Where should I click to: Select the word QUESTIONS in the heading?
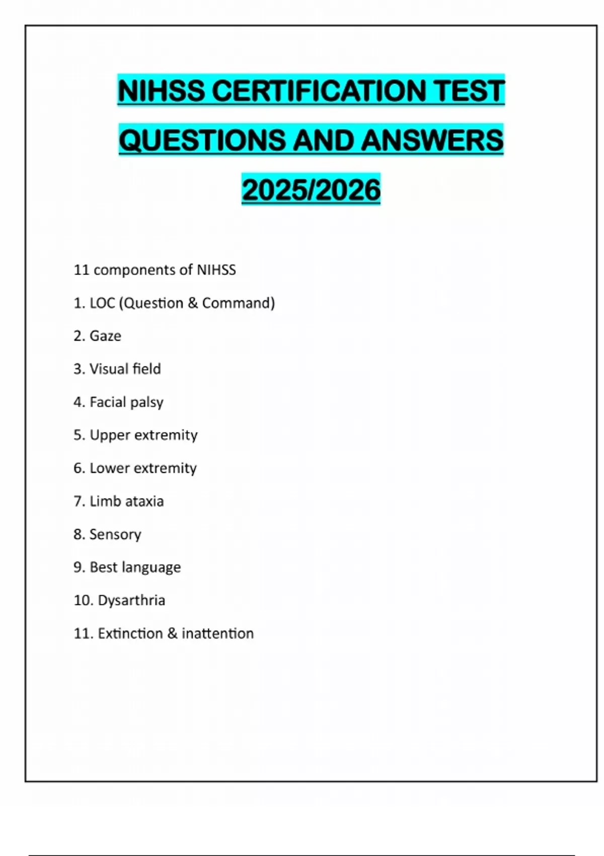click(202, 140)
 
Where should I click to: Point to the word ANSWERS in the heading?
click(432, 140)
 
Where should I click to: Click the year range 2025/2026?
click(311, 190)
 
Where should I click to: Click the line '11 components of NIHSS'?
click(155, 270)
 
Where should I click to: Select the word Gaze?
click(105, 336)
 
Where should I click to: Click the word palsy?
click(146, 402)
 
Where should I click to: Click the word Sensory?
click(115, 534)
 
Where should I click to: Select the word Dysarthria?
click(131, 600)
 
